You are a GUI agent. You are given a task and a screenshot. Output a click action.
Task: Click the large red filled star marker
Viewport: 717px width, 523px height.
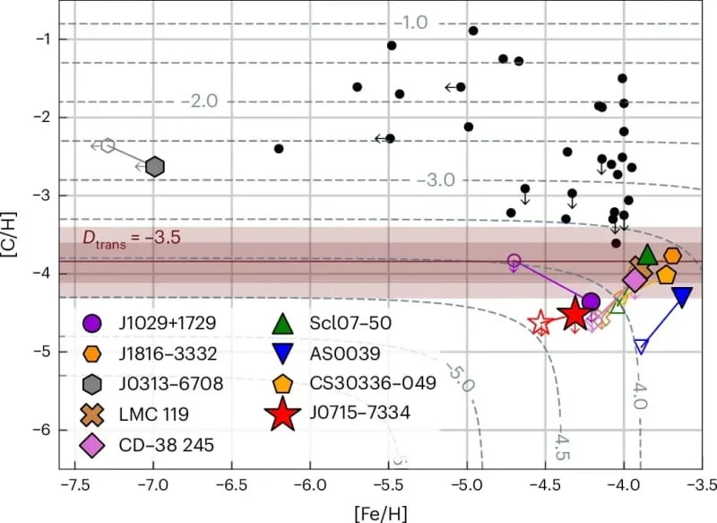coord(574,314)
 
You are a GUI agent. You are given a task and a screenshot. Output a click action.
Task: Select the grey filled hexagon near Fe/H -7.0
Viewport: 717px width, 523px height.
coord(154,166)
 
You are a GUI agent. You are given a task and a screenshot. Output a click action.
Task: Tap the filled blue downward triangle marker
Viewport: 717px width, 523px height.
coord(682,297)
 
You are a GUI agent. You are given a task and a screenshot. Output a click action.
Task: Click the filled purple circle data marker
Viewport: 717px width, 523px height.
coord(590,302)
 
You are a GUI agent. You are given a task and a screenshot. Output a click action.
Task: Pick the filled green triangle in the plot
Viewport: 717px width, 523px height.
coord(647,256)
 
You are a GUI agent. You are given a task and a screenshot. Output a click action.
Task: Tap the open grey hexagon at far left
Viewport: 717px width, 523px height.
coord(107,145)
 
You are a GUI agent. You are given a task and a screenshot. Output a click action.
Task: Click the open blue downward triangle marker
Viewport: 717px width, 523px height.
coord(640,346)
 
